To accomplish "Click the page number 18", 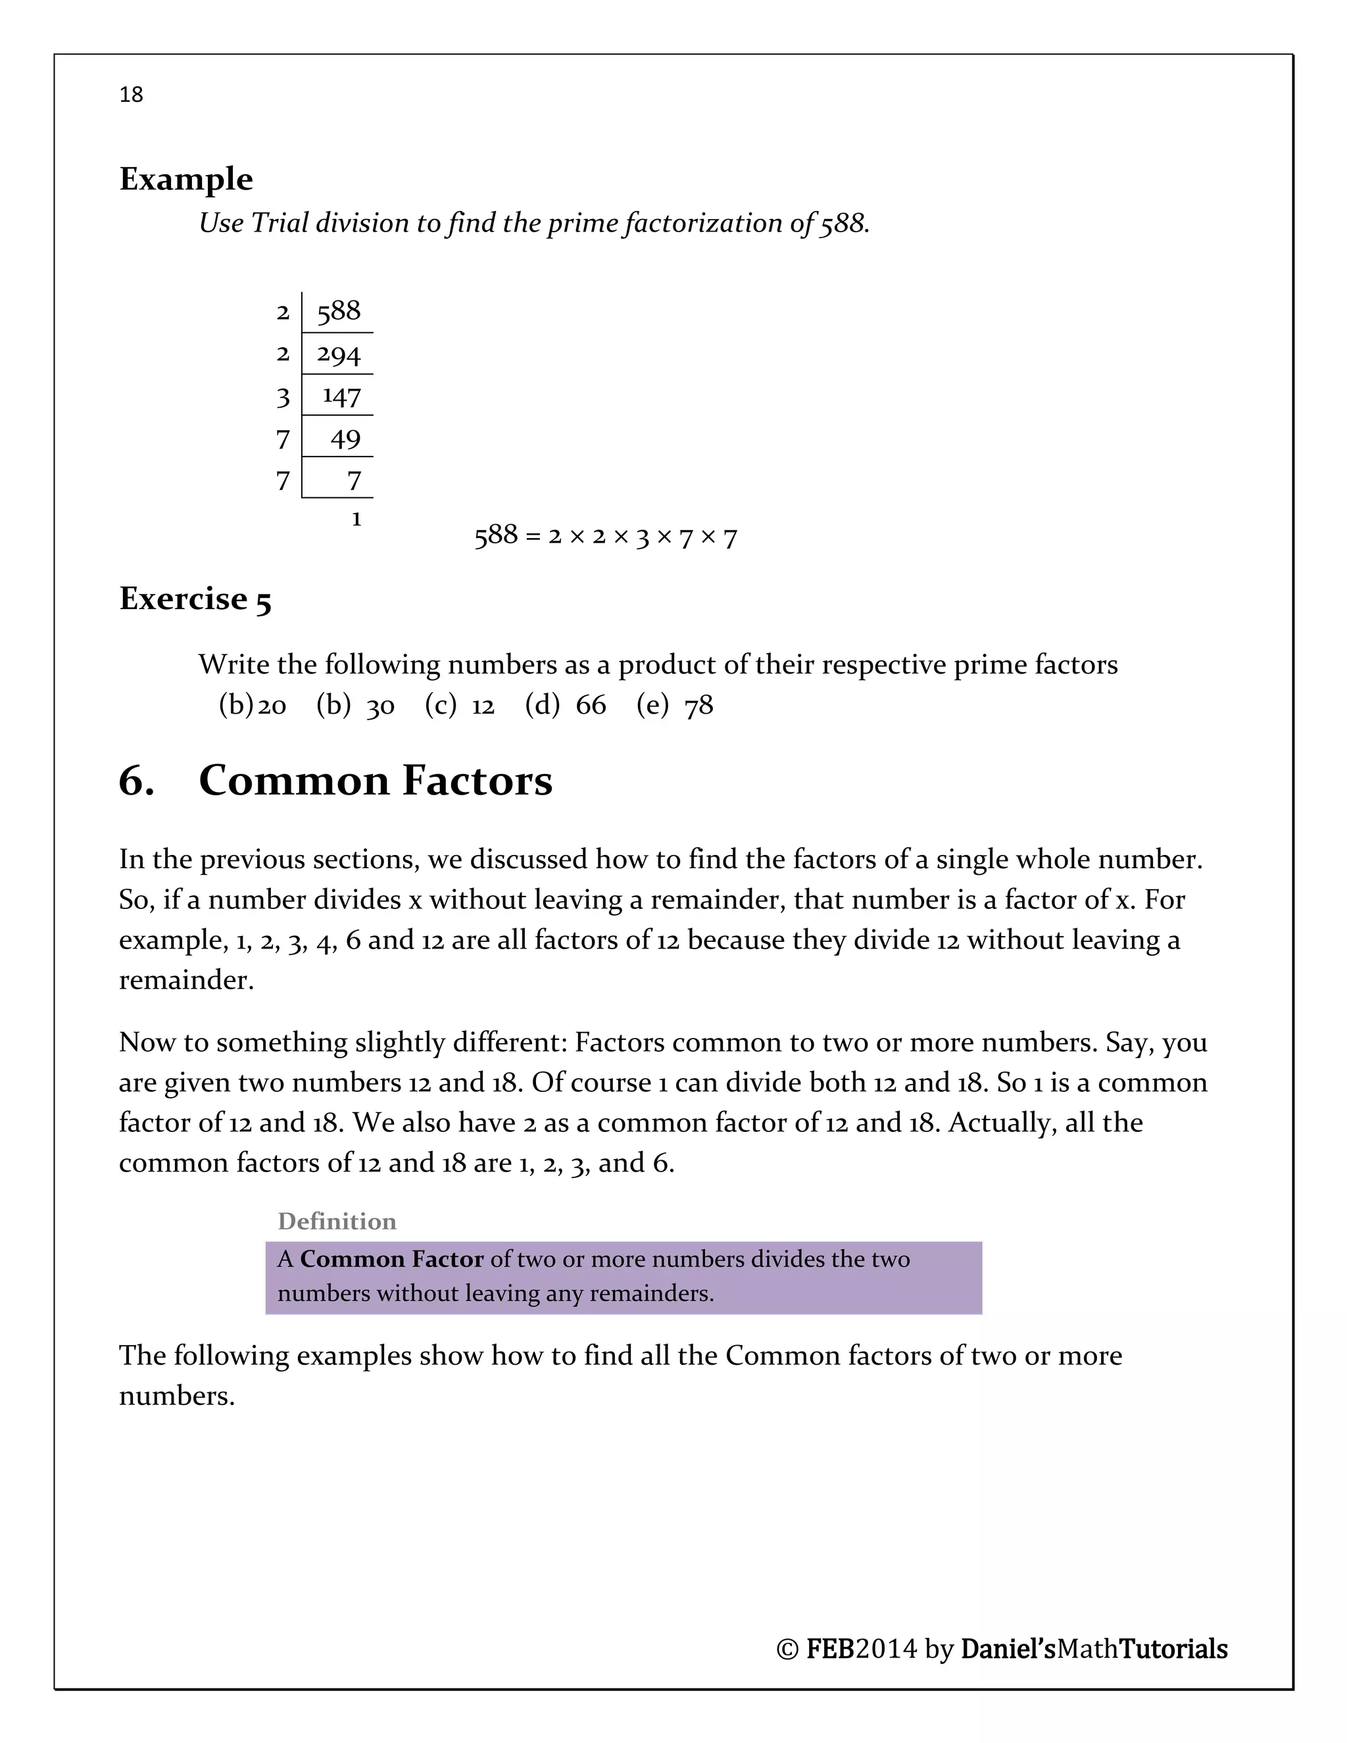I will click(x=131, y=95).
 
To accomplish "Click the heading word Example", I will click(x=186, y=180).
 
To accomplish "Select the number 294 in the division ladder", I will click(x=338, y=355).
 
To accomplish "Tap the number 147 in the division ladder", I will click(x=341, y=397).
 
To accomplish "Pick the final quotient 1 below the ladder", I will click(x=356, y=520).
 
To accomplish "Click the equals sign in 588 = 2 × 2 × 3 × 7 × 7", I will click(x=532, y=535).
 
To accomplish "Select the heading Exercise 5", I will click(x=195, y=599).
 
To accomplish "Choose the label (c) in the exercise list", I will click(x=441, y=704).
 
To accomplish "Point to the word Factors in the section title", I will click(x=478, y=781).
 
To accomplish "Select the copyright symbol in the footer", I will click(x=787, y=1649).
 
